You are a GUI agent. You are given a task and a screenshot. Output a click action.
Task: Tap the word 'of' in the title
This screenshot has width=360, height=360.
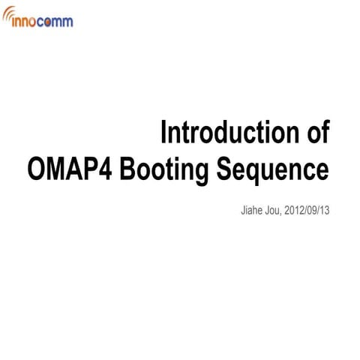pos(316,134)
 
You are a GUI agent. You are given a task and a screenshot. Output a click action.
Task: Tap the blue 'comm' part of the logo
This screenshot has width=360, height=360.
pos(57,22)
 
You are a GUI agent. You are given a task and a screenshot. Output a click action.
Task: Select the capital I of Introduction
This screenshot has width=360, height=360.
pos(164,134)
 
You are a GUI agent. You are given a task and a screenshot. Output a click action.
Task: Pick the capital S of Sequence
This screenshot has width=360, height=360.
pos(225,169)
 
